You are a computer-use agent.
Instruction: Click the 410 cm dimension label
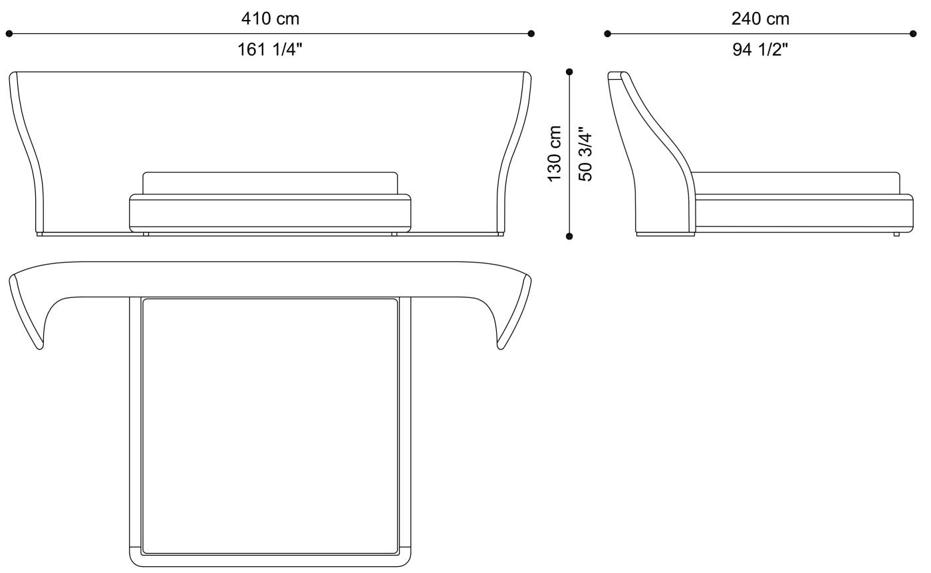[x=270, y=19]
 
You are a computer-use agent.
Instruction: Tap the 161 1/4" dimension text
[x=270, y=49]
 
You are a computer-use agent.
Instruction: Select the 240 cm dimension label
[x=760, y=19]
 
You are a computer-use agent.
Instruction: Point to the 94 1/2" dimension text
[x=760, y=49]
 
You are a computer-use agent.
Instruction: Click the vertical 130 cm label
[x=555, y=154]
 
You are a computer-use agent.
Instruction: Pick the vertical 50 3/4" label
[x=585, y=154]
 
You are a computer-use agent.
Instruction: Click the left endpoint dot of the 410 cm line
[x=9, y=33]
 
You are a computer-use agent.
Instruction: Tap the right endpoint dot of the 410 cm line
[x=531, y=33]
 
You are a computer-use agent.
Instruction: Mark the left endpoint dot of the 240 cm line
[x=607, y=33]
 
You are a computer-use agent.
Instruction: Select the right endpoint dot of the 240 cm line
[x=912, y=33]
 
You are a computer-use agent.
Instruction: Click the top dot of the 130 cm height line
[x=569, y=72]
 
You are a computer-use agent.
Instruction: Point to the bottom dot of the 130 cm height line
[x=569, y=236]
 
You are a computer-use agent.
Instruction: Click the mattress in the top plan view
[x=270, y=425]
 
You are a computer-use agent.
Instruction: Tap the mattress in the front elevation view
[x=270, y=183]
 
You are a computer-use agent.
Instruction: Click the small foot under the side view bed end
[x=896, y=234]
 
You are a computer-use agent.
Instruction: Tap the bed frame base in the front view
[x=270, y=213]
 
